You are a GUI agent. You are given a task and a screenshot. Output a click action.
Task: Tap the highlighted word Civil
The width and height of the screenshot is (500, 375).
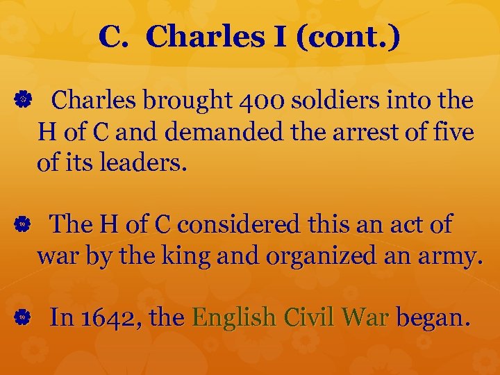[x=310, y=318]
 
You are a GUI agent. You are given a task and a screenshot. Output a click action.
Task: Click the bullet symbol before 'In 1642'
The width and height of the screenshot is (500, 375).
[x=22, y=318]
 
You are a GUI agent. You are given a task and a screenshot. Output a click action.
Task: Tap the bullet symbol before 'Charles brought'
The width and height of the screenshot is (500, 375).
[x=22, y=101]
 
